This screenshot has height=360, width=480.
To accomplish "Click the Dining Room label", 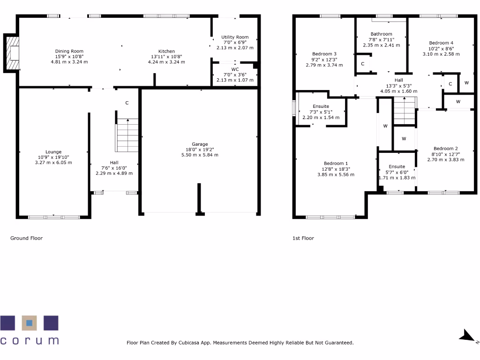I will (x=69, y=51).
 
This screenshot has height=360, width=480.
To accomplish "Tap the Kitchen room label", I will (x=166, y=51).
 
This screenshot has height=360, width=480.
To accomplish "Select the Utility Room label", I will (x=235, y=37).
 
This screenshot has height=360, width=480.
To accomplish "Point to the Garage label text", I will (x=199, y=144).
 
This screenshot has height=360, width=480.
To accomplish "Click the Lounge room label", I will (x=53, y=152).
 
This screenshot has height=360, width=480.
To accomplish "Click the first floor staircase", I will (x=404, y=112).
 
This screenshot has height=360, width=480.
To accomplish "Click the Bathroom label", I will (x=381, y=34).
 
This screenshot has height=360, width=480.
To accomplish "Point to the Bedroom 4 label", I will (x=441, y=43).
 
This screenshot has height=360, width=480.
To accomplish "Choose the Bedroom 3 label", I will (x=324, y=54).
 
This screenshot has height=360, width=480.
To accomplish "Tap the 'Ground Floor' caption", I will (x=26, y=238).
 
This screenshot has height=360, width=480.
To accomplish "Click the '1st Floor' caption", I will (x=303, y=238).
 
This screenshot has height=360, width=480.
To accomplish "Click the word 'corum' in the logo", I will (x=30, y=340).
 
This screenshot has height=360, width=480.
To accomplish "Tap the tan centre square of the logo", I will (x=29, y=323).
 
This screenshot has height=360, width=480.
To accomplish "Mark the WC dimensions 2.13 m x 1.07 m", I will (x=235, y=80).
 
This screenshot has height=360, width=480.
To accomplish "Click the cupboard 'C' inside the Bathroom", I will (x=362, y=64).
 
